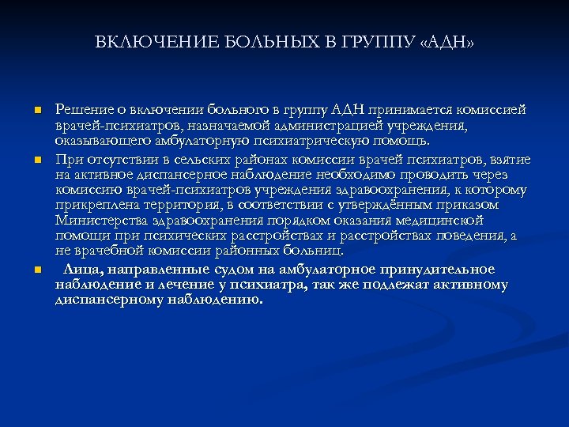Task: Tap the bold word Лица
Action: click(x=82, y=269)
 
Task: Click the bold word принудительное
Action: click(x=437, y=269)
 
